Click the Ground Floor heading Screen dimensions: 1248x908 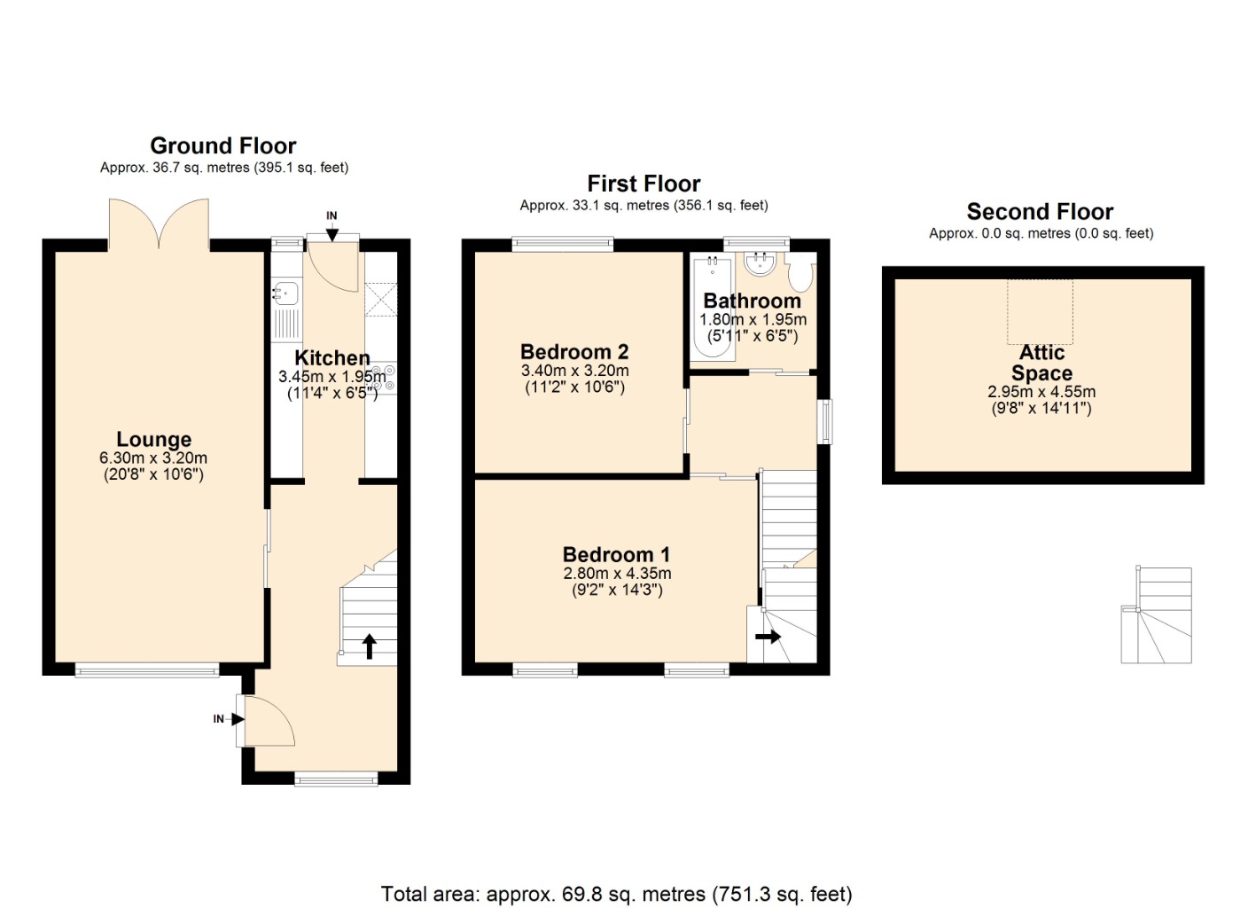point(222,146)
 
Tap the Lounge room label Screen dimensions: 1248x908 point(153,439)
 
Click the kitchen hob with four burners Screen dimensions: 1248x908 point(383,377)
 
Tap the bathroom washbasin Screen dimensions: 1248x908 point(760,263)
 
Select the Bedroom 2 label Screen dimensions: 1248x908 point(574,352)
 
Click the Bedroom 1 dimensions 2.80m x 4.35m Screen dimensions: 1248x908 point(617,573)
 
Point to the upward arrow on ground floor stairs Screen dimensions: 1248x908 point(370,646)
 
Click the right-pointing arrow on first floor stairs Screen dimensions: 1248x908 point(768,636)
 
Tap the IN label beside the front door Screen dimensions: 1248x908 point(218,719)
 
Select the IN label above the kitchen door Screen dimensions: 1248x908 point(331,215)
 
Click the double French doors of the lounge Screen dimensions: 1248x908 point(159,224)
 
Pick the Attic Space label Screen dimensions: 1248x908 point(1041,363)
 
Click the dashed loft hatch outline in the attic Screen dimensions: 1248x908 point(1040,311)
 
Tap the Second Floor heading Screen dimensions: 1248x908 point(1040,212)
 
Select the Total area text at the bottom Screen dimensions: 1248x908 point(617,894)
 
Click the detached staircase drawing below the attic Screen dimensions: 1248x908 point(1156,614)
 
